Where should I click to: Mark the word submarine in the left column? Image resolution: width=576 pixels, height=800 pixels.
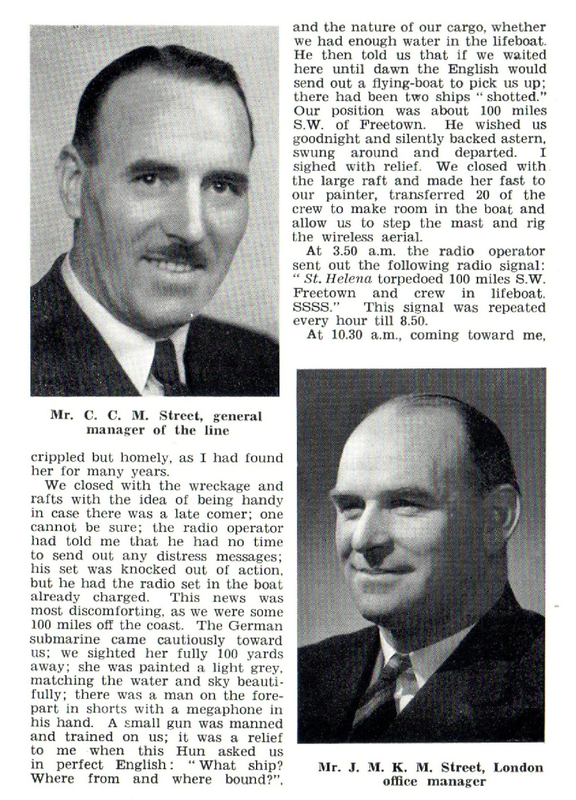pos(60,639)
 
